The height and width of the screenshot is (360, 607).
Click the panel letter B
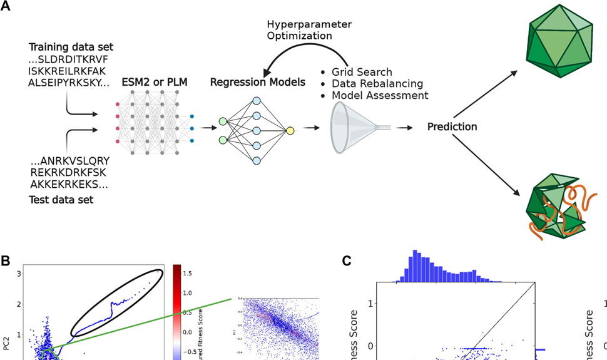point(7,259)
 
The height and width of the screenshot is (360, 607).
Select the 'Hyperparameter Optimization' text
point(309,30)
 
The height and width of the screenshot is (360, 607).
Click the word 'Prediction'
point(452,127)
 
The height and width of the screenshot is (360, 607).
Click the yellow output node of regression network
point(290,130)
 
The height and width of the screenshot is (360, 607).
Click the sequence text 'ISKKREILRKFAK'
point(69,70)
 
